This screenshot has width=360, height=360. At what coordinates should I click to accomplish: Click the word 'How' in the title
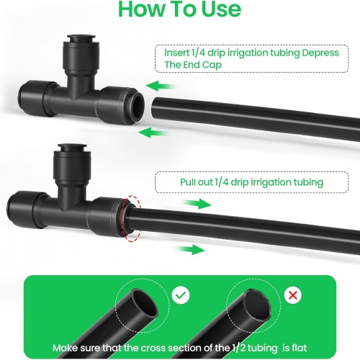140,9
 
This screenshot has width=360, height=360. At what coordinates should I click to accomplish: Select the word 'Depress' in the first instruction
320,53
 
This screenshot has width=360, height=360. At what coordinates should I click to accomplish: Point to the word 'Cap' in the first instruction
212,65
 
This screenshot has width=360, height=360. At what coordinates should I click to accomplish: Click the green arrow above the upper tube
161,86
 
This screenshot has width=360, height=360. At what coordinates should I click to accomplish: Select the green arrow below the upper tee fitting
153,132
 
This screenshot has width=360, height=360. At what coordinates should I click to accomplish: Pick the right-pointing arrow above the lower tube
196,204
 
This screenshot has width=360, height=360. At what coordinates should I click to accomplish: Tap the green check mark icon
181,295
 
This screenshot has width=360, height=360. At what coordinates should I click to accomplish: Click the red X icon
293,295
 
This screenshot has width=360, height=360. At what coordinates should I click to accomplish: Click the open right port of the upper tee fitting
138,107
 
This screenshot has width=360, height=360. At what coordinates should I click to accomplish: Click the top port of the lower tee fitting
72,145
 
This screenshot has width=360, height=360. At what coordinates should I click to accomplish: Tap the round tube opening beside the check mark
145,303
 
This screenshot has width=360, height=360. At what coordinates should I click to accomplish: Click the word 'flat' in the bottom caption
300,348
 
